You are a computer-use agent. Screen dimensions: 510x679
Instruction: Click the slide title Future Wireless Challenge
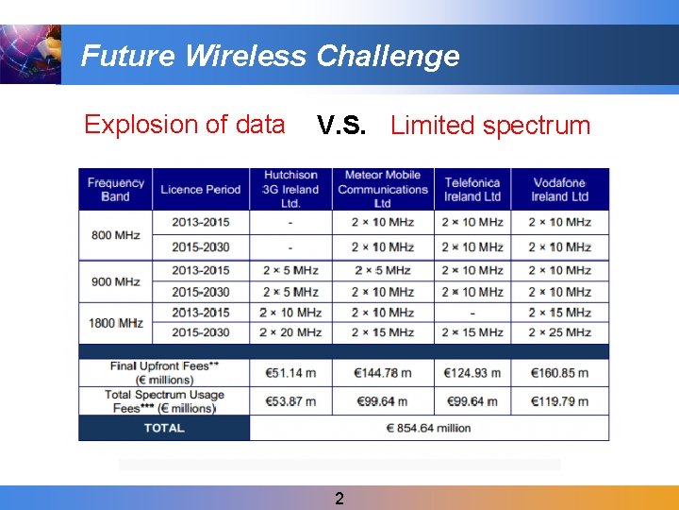(270, 56)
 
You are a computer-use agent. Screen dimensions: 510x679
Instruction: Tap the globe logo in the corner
(29, 54)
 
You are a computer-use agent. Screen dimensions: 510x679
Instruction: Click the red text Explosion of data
(184, 125)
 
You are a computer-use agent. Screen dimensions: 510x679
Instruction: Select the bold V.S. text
(341, 126)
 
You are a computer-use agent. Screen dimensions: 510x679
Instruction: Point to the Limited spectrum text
(489, 126)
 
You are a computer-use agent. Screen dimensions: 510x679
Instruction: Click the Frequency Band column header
(115, 189)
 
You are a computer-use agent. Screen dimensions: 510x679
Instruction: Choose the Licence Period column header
(200, 189)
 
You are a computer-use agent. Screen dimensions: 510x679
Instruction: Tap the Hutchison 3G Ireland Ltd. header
(290, 189)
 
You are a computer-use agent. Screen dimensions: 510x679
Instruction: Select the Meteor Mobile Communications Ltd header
(382, 189)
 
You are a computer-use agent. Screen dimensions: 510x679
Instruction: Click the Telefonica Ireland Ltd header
(472, 189)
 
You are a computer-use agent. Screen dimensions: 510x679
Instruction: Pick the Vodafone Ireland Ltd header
(559, 189)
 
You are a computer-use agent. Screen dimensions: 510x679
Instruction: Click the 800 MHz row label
(115, 234)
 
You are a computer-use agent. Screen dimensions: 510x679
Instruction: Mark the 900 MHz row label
(115, 281)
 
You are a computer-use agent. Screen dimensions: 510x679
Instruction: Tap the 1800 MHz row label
(115, 323)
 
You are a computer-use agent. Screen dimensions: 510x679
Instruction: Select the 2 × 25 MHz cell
(559, 332)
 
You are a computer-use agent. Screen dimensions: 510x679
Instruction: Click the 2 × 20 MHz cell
(290, 332)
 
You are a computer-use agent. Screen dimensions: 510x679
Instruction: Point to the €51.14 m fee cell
(290, 373)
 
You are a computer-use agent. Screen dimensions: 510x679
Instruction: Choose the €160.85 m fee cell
(559, 373)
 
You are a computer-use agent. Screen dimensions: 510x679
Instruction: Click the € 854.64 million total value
(428, 428)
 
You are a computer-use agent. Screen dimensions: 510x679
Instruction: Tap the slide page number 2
(339, 499)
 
